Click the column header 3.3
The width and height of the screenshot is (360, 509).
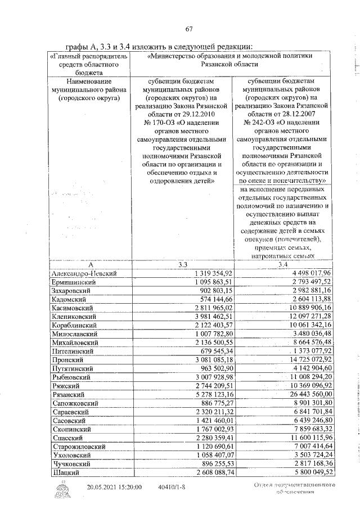[182, 264]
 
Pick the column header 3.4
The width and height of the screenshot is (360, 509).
[282, 264]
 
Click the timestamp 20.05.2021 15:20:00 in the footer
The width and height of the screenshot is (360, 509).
[114, 486]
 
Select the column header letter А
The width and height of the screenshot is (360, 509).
[90, 264]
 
